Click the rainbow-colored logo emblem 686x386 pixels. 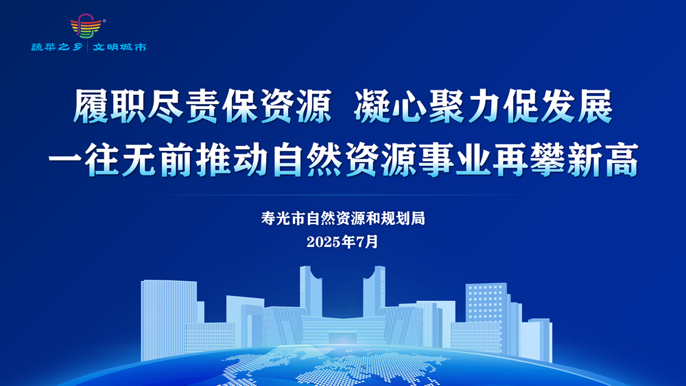(86, 26)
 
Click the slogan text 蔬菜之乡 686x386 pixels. (57, 47)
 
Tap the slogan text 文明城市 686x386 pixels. (119, 47)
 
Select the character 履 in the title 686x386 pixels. (91, 106)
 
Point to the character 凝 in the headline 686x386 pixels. (372, 106)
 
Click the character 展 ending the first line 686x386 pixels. (595, 106)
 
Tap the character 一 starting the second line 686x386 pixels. (65, 160)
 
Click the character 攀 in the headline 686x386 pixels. (547, 160)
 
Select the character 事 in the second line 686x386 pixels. (436, 160)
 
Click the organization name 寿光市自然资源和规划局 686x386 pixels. (343, 218)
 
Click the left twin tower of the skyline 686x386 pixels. (310, 291)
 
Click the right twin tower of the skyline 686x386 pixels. (374, 291)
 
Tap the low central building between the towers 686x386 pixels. (343, 330)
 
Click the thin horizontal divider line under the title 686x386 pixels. (343, 195)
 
